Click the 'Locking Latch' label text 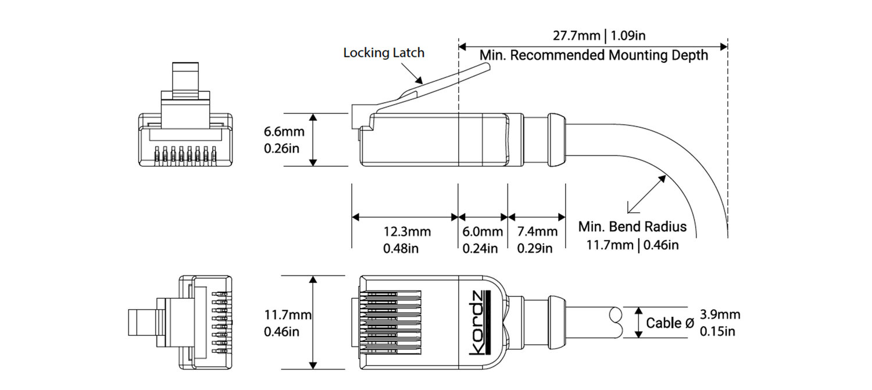click(384, 53)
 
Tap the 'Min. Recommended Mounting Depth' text click(594, 55)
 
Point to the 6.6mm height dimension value click(282, 132)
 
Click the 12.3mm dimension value click(407, 232)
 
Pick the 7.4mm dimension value click(537, 232)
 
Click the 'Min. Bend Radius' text click(632, 227)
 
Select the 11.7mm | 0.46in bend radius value click(632, 244)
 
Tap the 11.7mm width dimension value click(288, 315)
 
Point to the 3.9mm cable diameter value click(720, 315)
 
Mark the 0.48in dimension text click(401, 249)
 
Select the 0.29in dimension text click(535, 249)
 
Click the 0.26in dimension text click(282, 148)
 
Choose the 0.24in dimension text click(480, 249)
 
